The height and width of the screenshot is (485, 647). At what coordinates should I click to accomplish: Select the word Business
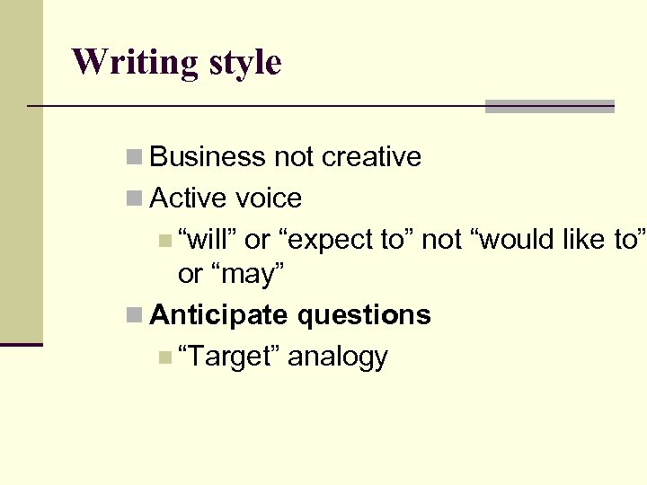[208, 157]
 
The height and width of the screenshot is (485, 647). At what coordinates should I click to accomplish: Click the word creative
[371, 157]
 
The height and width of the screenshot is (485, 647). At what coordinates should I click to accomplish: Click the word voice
[268, 198]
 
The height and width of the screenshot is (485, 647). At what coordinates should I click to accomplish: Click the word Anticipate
[219, 315]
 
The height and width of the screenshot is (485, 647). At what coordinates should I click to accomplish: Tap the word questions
[364, 315]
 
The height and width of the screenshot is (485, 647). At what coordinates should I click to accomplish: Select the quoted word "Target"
[233, 357]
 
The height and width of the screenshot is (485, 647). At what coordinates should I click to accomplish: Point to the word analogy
[338, 357]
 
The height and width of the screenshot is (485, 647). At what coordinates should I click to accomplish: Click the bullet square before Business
[134, 157]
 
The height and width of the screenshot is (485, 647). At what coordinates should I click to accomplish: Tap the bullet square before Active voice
[134, 198]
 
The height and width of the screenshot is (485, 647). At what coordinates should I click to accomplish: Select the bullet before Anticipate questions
[134, 315]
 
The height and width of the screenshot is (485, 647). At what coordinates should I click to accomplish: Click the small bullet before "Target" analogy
[163, 357]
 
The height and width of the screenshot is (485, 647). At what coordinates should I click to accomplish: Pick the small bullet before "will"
[163, 240]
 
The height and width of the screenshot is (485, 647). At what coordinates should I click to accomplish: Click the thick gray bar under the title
[549, 106]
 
